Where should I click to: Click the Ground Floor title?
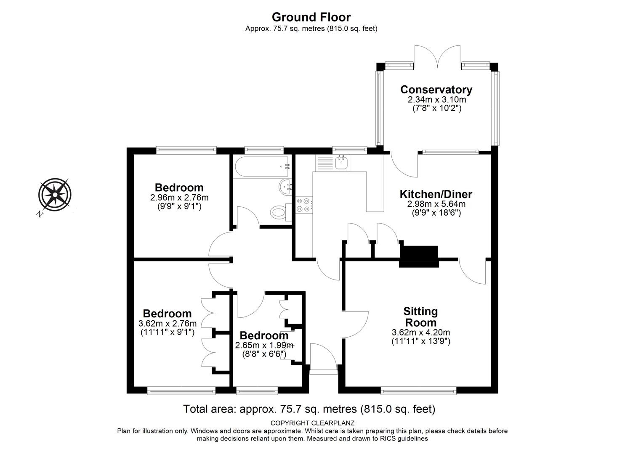click(x=311, y=17)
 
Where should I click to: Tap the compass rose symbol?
click(x=55, y=195)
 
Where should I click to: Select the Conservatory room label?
click(x=436, y=90)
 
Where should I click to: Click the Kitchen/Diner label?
click(x=436, y=194)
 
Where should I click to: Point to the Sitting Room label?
click(x=420, y=317)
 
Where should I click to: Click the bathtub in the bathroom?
click(x=262, y=166)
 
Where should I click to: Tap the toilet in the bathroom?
click(x=280, y=213)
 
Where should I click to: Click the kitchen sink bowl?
click(x=341, y=163)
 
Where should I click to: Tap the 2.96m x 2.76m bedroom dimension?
click(x=179, y=198)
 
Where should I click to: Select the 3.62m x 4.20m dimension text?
click(x=421, y=332)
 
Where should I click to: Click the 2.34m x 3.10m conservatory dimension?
click(x=437, y=100)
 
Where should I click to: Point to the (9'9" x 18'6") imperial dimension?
click(x=436, y=213)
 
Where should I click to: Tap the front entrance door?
click(x=323, y=359)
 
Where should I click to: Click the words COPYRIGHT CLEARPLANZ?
click(x=312, y=423)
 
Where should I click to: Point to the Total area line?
click(x=309, y=409)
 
